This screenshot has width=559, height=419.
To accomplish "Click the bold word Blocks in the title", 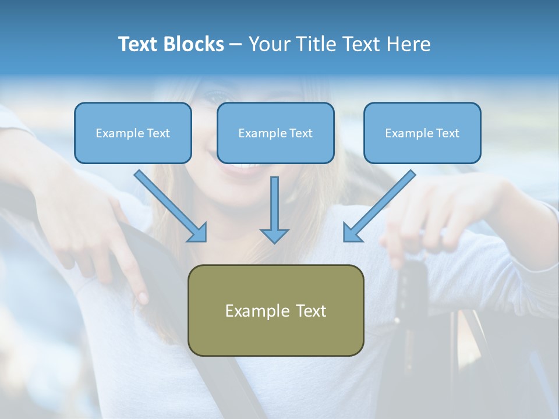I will coord(194,44).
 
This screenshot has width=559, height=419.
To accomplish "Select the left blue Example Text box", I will coord(133,133).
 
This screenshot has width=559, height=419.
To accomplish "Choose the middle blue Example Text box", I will coord(275,133).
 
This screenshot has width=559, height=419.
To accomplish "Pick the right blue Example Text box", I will coord(422,133).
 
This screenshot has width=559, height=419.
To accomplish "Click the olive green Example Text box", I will coord(275,310).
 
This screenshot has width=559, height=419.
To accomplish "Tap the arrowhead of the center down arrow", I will coord(274,235).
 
